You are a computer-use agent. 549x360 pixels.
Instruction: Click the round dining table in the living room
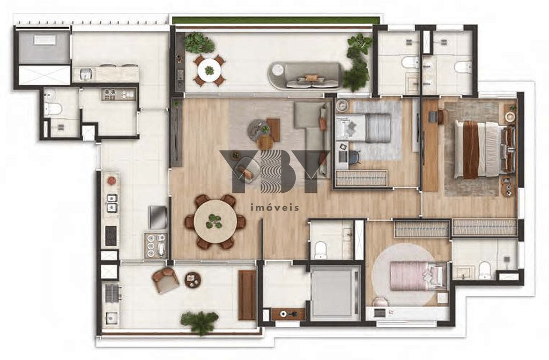coord(214,221)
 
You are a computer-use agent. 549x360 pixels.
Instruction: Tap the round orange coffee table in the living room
coord(265,142)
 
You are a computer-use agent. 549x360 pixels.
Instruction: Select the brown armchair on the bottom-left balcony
coord(165,280)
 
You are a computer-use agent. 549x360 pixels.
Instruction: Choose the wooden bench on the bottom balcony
coord(247,295)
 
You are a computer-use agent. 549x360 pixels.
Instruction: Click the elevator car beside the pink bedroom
coord(335,294)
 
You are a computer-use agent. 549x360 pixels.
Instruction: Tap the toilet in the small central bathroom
coord(321,249)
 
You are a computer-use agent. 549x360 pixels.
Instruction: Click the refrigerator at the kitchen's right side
coord(158,217)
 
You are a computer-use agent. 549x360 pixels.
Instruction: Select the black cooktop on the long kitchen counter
coord(111,236)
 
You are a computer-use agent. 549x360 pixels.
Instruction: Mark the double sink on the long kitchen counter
coord(112,203)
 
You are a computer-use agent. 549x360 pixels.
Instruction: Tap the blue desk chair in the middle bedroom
coord(354,157)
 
